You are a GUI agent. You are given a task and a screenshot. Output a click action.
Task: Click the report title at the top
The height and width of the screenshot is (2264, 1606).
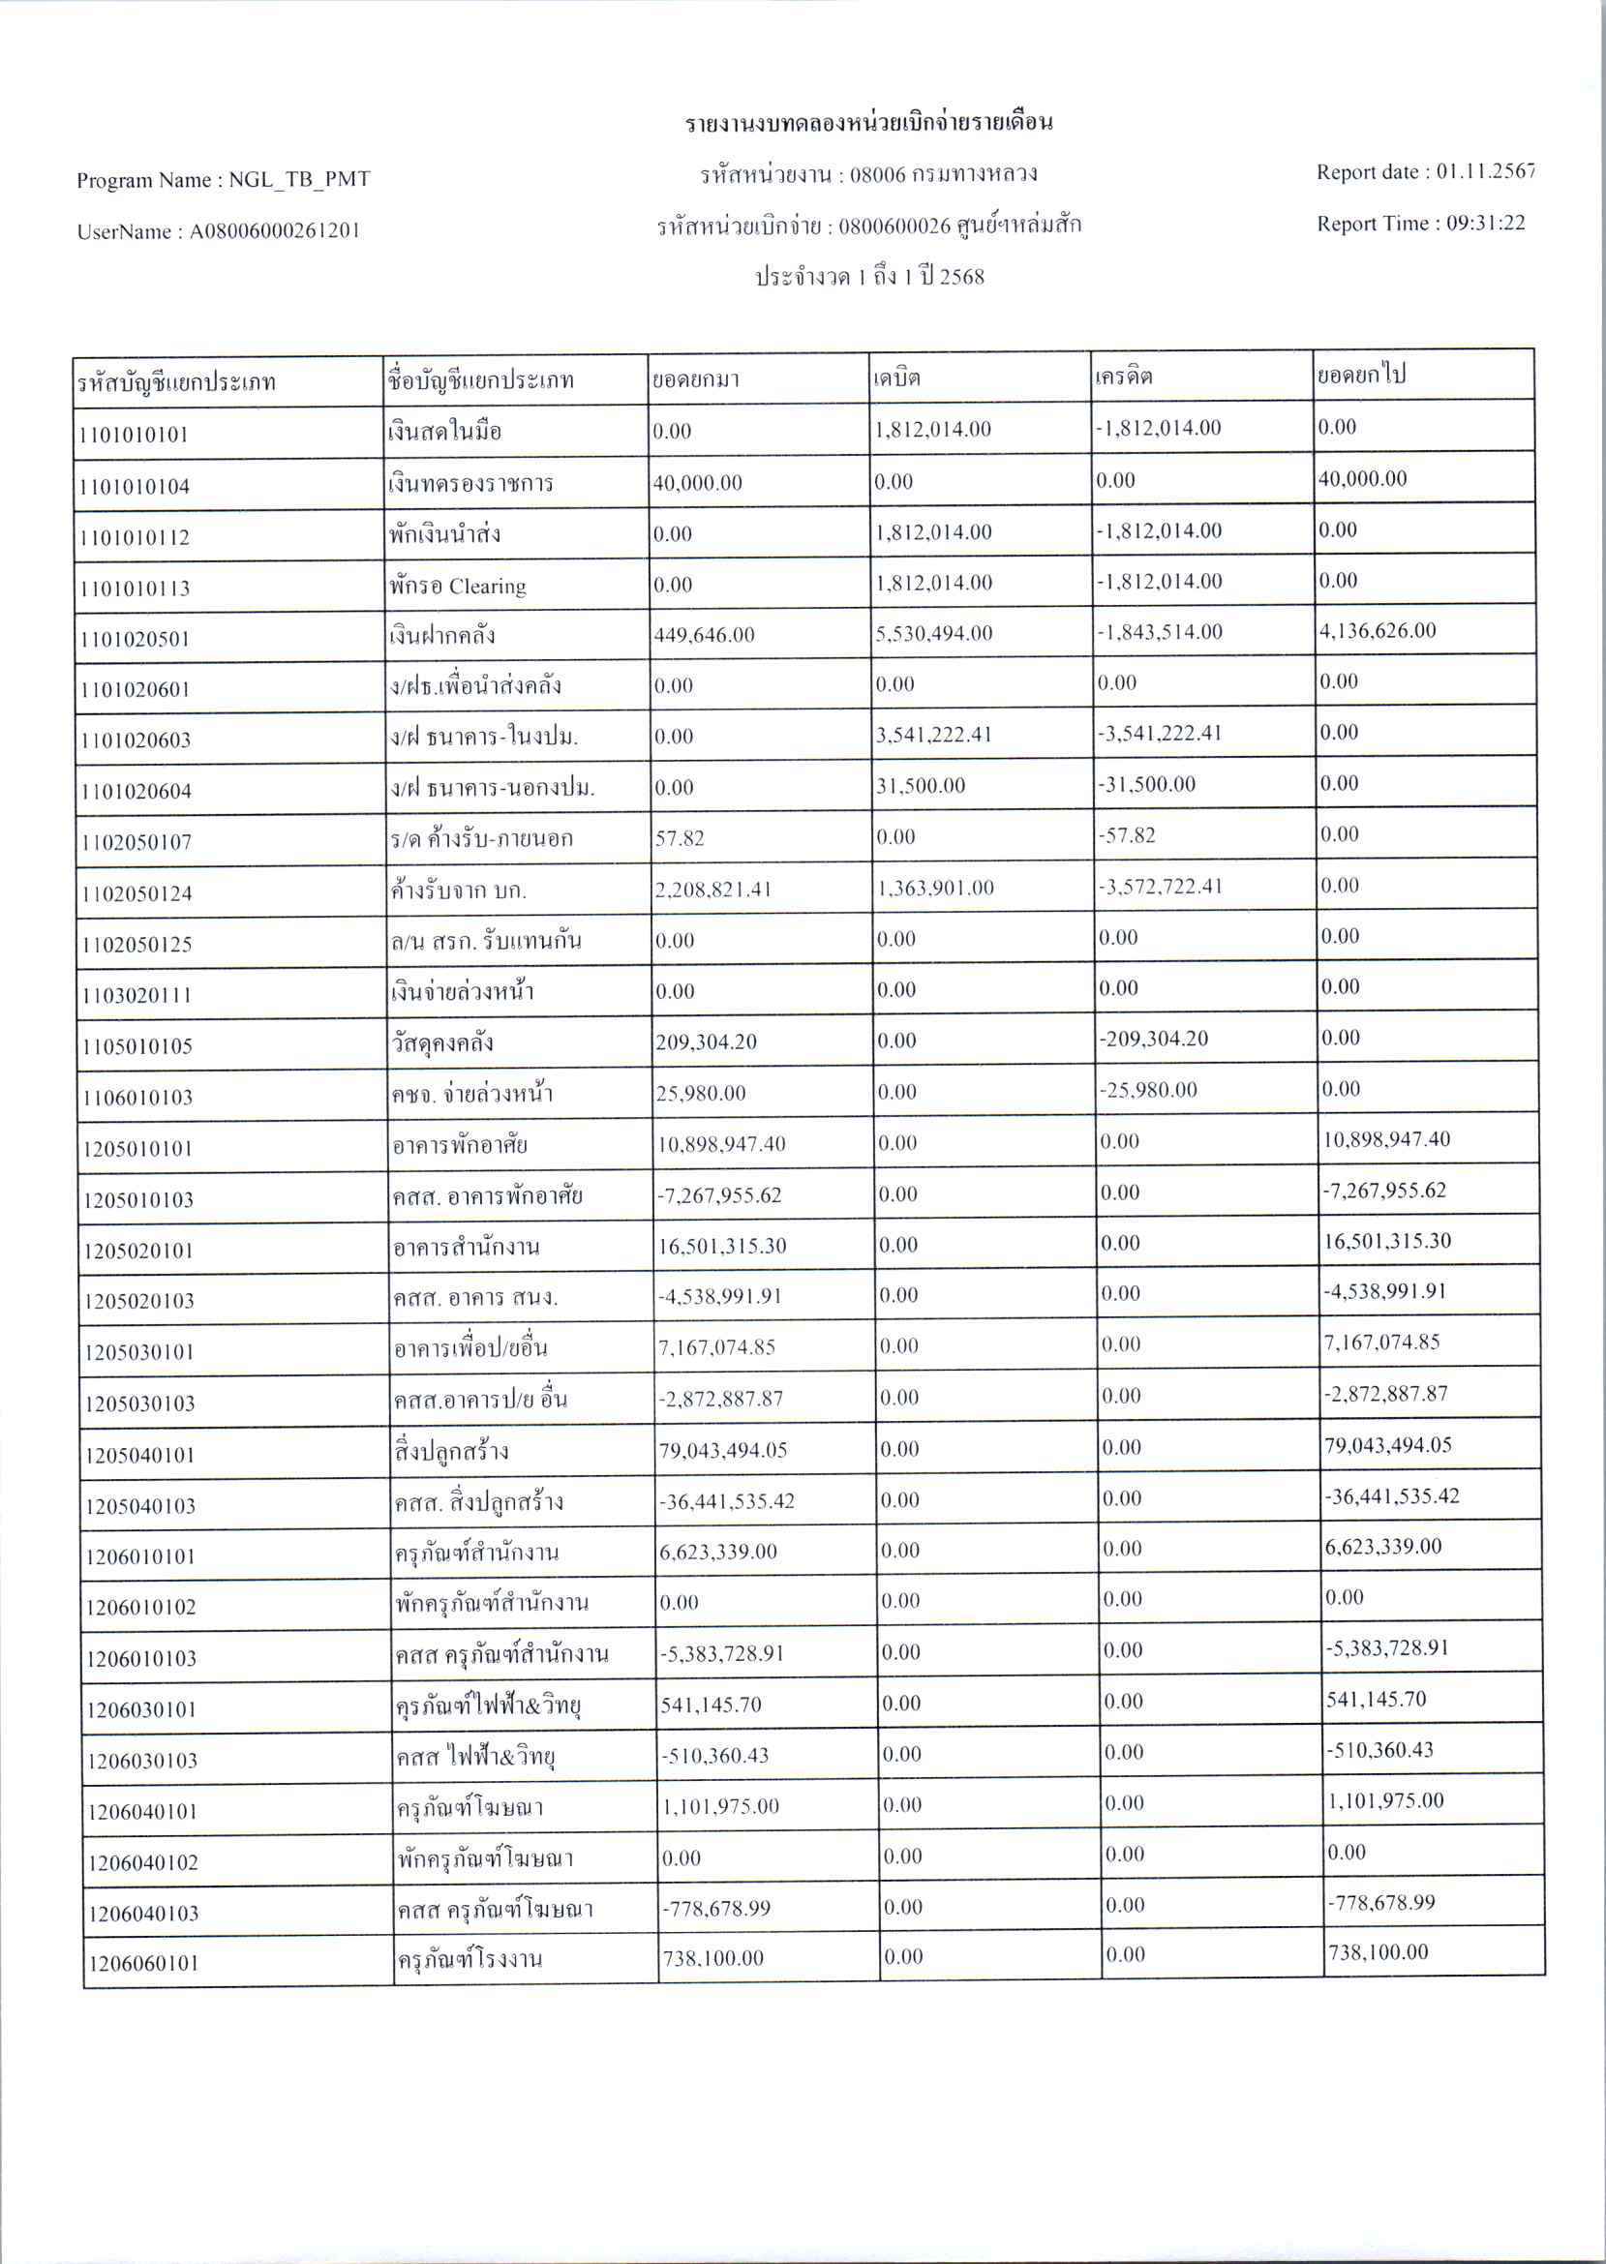coord(869,124)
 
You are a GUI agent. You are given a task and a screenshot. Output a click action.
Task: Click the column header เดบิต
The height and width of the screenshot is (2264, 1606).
coord(897,377)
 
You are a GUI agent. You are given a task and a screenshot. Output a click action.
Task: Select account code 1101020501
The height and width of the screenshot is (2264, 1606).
coord(135,639)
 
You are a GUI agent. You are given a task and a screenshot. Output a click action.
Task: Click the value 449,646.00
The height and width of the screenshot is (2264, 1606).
coord(704,635)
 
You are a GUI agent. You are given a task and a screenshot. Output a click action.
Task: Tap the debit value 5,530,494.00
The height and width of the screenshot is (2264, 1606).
coord(933,634)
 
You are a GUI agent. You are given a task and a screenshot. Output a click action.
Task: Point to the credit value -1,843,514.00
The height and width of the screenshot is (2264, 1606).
coord(1159,633)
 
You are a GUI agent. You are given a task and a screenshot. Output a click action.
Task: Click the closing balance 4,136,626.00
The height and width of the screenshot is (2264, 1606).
coord(1378,631)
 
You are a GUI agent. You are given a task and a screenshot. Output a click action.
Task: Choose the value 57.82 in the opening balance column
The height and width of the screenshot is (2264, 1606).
coord(680,838)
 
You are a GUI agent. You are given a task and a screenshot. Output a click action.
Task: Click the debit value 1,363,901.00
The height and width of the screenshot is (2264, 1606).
coord(935,888)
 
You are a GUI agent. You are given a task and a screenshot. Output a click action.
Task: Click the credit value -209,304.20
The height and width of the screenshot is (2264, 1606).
coord(1155,1039)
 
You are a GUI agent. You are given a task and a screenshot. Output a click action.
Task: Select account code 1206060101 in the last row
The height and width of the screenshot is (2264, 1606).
coord(143,1963)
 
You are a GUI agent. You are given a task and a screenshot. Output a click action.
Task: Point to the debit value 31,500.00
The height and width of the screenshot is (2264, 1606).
coord(921,786)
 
